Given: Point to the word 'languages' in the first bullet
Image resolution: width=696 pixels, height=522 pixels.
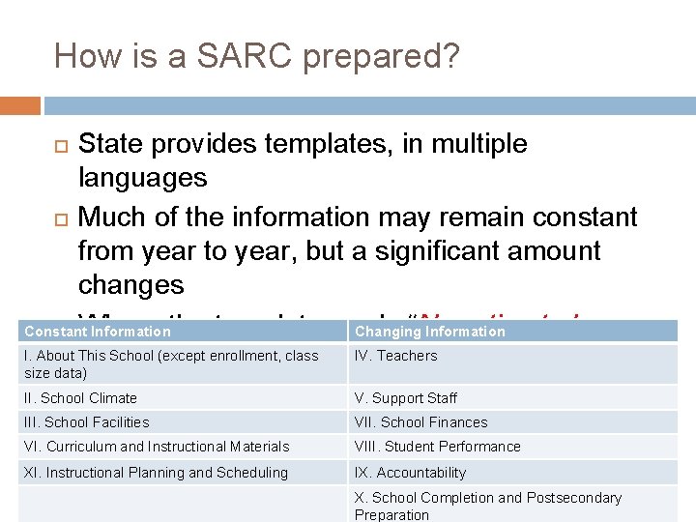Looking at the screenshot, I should [x=142, y=178].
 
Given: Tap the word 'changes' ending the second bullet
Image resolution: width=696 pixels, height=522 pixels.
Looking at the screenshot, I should [x=130, y=285].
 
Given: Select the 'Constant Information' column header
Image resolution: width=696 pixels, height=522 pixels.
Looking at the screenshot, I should [x=98, y=332].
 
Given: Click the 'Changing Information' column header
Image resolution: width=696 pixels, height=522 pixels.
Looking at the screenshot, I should [x=429, y=332].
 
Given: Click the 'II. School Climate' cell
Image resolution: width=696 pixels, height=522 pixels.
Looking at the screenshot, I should [x=81, y=398].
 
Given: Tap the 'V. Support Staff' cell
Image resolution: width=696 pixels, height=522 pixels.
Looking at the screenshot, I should [x=405, y=398].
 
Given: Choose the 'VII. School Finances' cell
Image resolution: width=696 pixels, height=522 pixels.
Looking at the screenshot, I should [x=420, y=422].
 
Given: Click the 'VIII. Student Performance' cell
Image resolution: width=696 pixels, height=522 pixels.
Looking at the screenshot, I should [x=437, y=447].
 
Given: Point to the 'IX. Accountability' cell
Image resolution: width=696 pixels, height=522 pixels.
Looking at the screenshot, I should [x=410, y=473].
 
